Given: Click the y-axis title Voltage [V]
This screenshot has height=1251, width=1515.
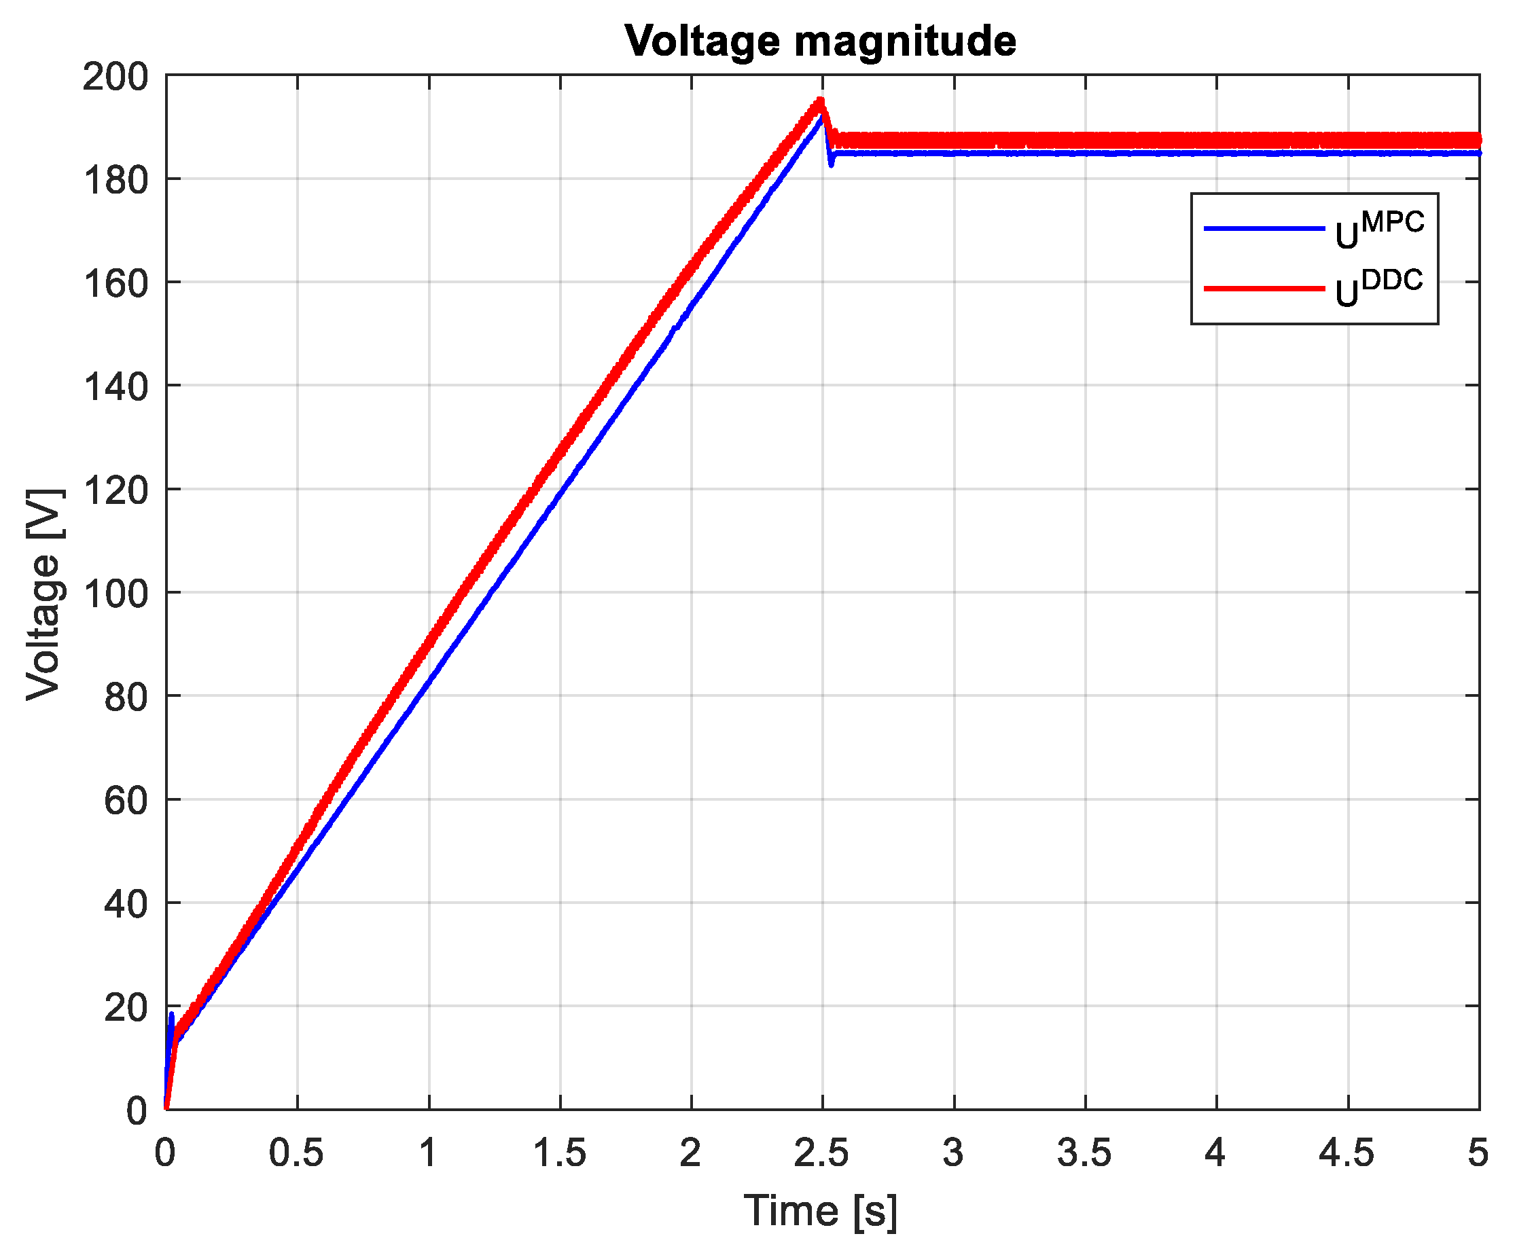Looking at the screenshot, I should pos(44,594).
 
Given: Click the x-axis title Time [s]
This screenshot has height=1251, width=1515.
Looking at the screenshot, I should pos(820,1210).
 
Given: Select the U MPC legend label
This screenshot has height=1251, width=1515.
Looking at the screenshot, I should pos(1378,230).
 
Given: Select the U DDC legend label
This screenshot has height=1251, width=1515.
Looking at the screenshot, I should pos(1378,288).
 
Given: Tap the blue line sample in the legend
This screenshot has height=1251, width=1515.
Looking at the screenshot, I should pos(1264,228).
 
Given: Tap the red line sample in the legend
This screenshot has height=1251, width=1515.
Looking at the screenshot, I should pos(1264,288).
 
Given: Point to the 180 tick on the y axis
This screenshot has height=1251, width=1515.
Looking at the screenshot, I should pos(115,180).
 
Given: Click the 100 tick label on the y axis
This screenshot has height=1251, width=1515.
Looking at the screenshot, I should pos(115,594).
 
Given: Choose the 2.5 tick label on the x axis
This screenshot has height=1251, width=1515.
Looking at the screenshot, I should pos(821,1154).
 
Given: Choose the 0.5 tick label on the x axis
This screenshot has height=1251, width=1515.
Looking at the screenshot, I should pos(296,1154).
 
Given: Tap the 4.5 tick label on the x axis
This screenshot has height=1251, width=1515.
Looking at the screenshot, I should pos(1347,1154).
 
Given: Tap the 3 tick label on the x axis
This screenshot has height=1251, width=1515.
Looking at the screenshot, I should pos(953,1154).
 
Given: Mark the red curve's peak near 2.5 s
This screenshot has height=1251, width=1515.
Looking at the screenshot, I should pos(819,102).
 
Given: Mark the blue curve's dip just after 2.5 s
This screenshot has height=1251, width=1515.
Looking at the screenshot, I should pos(831,164).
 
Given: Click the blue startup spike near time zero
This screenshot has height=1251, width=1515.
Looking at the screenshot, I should pos(171,1015).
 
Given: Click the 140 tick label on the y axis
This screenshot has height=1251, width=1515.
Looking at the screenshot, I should pos(115,387).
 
